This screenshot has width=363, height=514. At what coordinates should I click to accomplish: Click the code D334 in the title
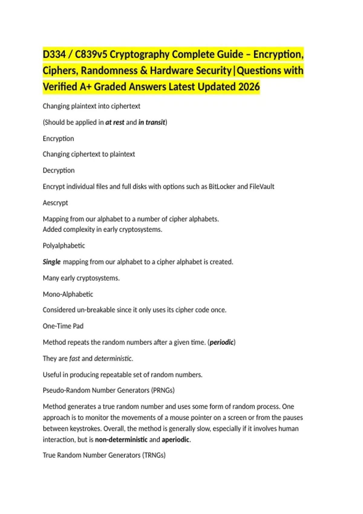click(54, 55)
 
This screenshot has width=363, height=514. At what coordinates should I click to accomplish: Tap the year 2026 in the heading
click(249, 87)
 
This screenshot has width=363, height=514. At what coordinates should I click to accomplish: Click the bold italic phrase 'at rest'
click(115, 122)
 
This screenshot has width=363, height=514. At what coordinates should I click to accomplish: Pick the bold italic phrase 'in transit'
click(152, 122)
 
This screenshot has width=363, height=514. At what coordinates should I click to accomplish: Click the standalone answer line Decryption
click(59, 171)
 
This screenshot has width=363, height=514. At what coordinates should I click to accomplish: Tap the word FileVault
click(262, 187)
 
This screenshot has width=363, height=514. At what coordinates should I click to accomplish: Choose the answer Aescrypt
click(55, 203)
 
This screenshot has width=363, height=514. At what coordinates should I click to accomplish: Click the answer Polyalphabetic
click(64, 246)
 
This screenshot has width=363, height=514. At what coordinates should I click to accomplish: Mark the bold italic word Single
click(51, 262)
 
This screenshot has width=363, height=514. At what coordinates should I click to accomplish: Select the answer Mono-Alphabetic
click(68, 294)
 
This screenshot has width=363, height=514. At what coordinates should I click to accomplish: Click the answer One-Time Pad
click(63, 326)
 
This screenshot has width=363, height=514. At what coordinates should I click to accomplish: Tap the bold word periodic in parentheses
click(221, 342)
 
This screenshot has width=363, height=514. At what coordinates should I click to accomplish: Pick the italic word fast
click(74, 359)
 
